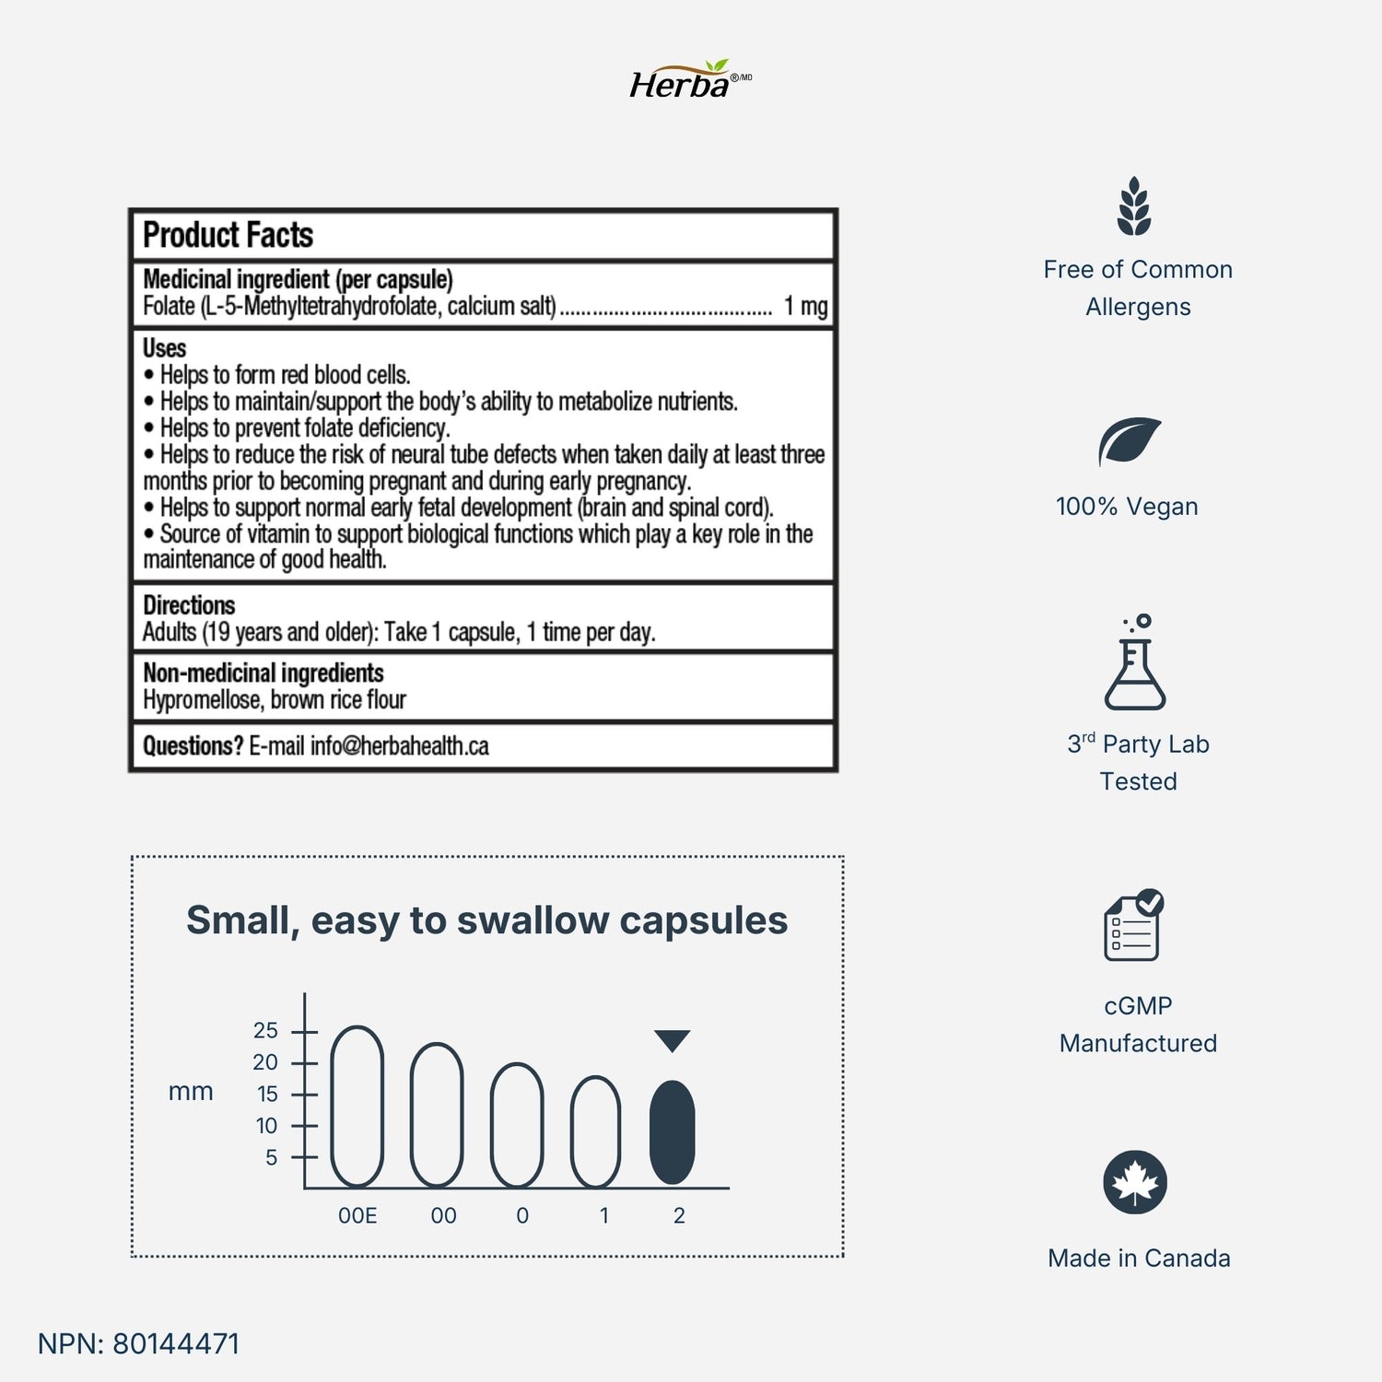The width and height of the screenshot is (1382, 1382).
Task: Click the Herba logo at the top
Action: pyautogui.click(x=689, y=81)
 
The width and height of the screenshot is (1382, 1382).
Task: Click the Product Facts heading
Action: pyautogui.click(x=228, y=236)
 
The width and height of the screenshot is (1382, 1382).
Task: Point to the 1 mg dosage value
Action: pyautogui.click(x=805, y=306)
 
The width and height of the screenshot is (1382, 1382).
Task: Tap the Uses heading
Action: pyautogui.click(x=164, y=348)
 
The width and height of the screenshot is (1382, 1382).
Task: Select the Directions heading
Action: pyautogui.click(x=189, y=605)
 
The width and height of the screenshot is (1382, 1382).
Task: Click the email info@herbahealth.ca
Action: pyautogui.click(x=399, y=746)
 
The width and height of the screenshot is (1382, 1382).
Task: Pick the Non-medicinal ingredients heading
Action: pyautogui.click(x=263, y=673)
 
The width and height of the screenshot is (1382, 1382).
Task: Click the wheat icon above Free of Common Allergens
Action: pyautogui.click(x=1134, y=206)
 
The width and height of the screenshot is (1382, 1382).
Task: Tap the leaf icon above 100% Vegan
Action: pyautogui.click(x=1129, y=442)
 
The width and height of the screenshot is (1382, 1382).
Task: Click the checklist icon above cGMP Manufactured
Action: pyautogui.click(x=1133, y=926)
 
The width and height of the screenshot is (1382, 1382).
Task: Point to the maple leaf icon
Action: pyautogui.click(x=1135, y=1182)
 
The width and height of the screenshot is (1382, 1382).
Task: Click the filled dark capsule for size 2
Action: pyautogui.click(x=673, y=1132)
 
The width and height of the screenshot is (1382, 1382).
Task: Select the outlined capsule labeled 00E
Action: pyautogui.click(x=357, y=1106)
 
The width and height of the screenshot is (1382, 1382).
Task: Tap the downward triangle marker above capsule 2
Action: pyautogui.click(x=673, y=1040)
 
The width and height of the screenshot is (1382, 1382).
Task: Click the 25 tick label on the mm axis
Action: pyautogui.click(x=265, y=1030)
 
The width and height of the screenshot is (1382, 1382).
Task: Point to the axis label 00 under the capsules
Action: pyautogui.click(x=443, y=1216)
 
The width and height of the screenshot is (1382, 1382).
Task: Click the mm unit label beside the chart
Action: pyautogui.click(x=191, y=1092)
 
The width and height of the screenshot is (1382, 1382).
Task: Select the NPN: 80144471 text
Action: pyautogui.click(x=138, y=1343)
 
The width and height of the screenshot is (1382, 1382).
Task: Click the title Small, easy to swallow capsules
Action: pyautogui.click(x=486, y=920)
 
